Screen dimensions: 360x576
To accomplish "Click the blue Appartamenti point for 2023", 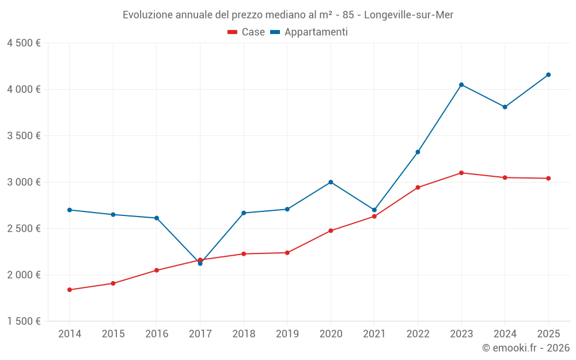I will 461,85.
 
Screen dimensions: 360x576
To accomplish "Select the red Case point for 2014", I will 69,290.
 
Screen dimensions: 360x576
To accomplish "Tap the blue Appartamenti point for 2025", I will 548,75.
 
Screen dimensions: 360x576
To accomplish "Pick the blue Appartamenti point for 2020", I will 331,182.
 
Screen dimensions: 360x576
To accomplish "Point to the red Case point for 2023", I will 461,173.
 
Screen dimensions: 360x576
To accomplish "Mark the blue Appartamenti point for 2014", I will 69,210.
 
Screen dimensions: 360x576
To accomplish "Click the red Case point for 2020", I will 331,230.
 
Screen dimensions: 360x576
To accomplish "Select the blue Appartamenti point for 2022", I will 418,152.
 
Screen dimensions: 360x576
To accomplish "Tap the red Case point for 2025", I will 548,179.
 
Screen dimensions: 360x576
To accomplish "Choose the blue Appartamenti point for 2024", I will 505,107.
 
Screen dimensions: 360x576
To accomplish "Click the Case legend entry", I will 247,32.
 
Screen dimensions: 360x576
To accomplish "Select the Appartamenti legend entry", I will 309,32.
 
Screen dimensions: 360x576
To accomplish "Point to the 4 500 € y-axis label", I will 24,43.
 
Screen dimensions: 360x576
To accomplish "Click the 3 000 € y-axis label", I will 24,182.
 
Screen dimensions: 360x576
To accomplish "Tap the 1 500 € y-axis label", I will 24,321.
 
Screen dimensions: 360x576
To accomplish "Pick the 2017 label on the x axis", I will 200,334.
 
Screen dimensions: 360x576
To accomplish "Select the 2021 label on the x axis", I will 374,334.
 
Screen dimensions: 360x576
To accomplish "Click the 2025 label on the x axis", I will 548,334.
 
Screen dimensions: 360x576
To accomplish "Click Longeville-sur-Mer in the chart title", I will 409,15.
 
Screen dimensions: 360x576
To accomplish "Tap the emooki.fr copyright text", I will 526,348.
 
